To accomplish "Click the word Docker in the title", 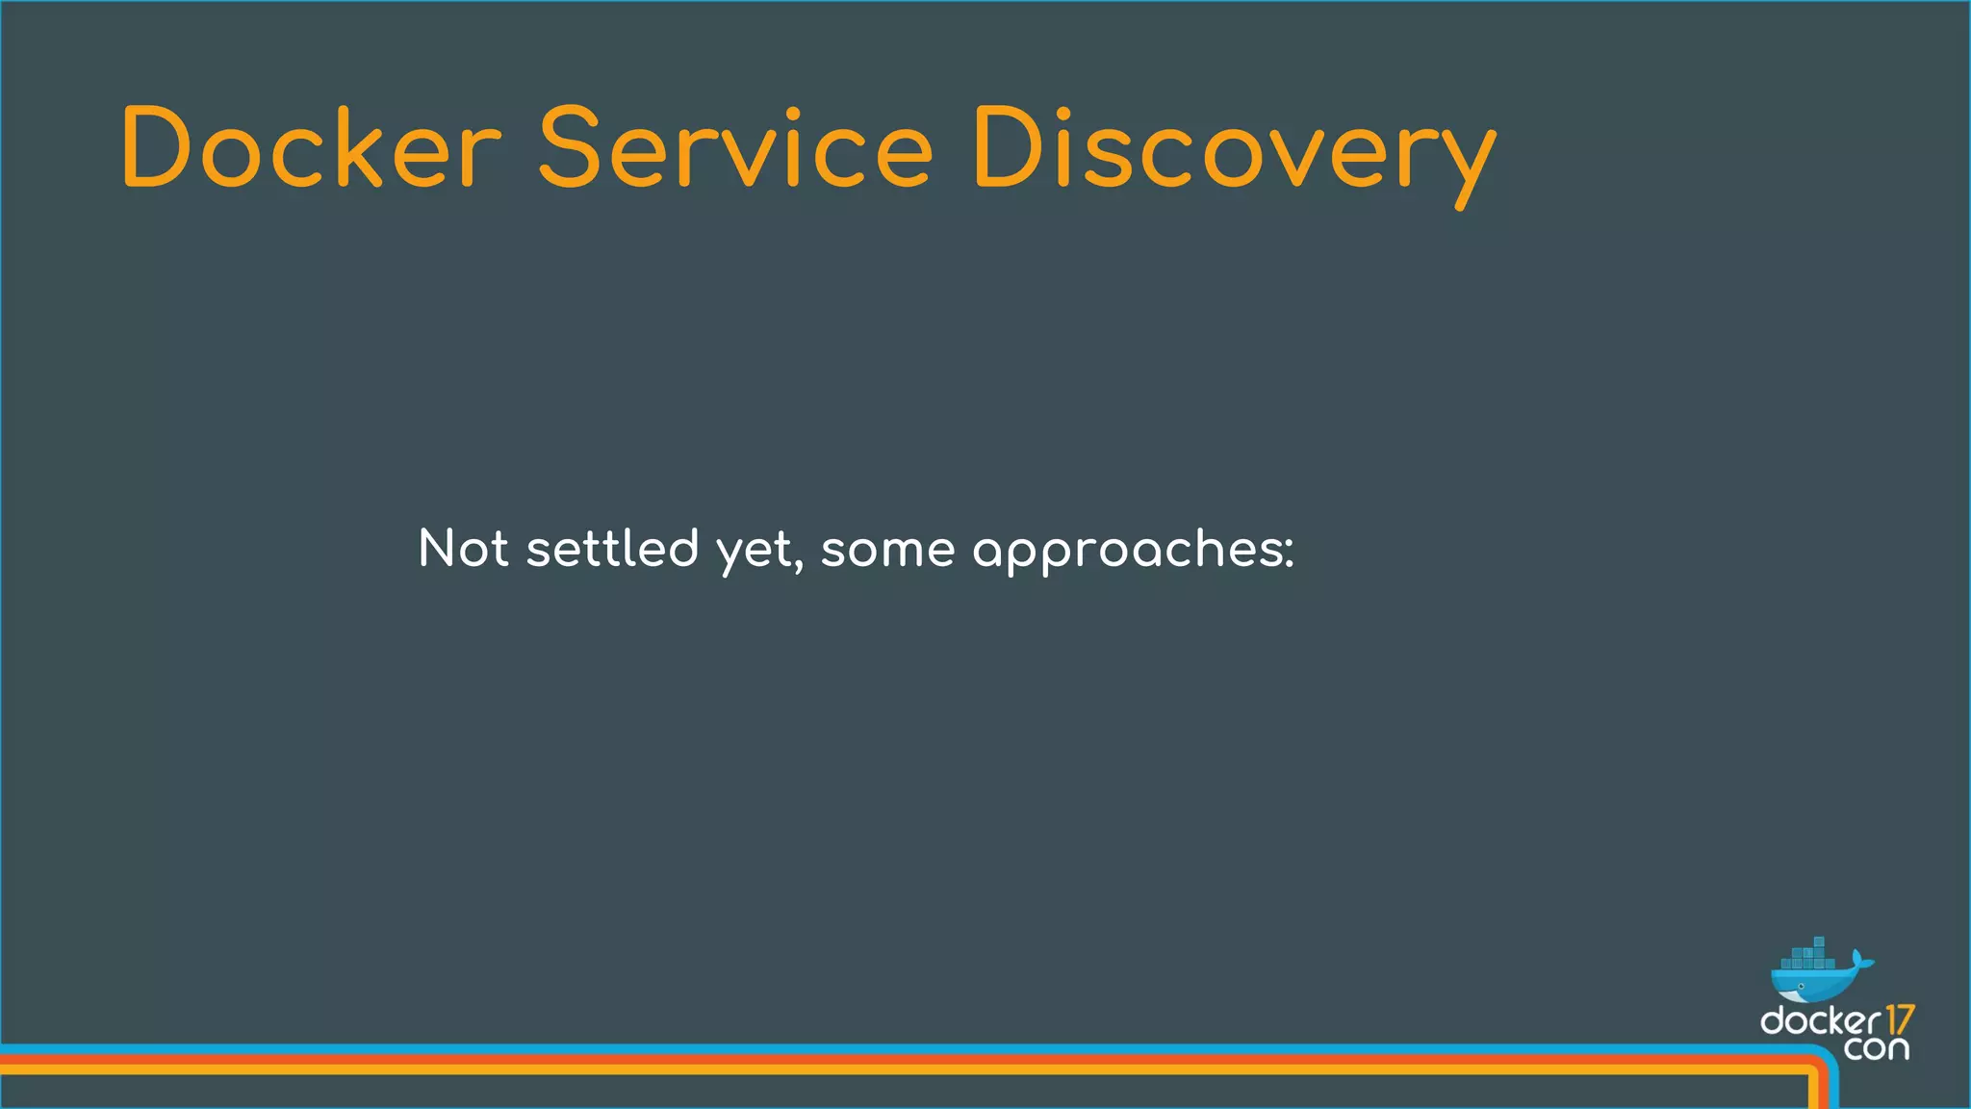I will point(311,149).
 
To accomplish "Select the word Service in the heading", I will point(735,149).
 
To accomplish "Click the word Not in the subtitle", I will point(463,549).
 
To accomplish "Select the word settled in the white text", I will point(612,549).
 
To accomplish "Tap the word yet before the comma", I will point(755,553).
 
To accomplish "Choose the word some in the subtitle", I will point(887,551).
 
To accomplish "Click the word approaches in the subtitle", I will point(1126,553).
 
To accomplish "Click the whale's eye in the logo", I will point(1801,987).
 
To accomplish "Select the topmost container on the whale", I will point(1819,941).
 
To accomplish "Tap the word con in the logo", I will point(1876,1047).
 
